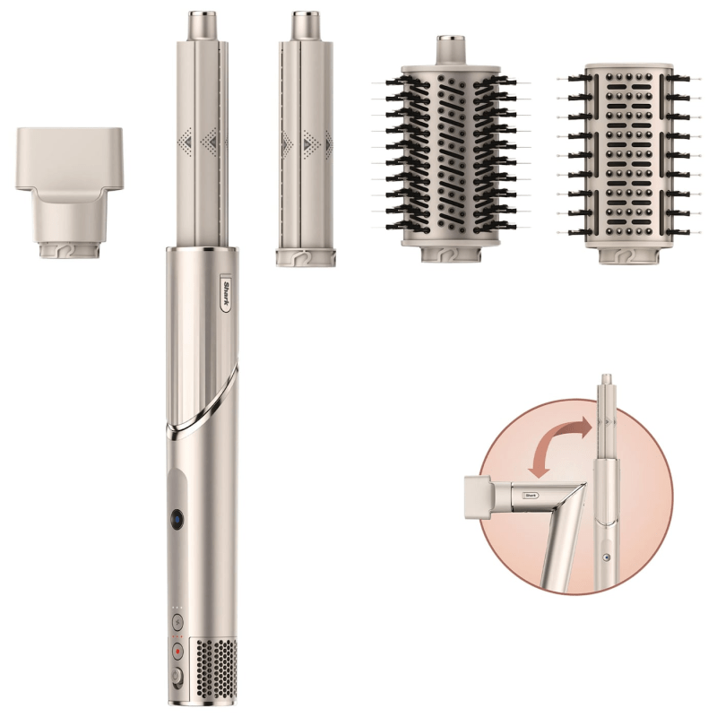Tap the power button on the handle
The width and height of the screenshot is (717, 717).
(177, 677)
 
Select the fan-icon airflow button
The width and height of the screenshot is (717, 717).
(177, 622)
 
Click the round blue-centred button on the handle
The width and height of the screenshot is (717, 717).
(177, 520)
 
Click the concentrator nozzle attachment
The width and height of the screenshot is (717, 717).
(70, 193)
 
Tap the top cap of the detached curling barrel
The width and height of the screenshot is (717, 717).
(306, 26)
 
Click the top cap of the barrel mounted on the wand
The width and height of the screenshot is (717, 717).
(203, 26)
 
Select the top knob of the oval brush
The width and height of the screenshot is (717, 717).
(451, 50)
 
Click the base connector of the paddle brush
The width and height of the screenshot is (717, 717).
(629, 255)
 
